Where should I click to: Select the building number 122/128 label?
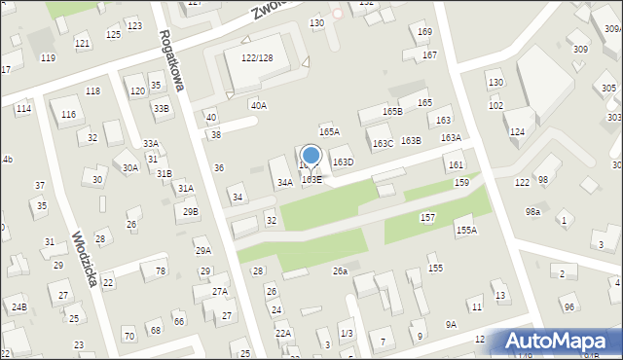coord(256,58)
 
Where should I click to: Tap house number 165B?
coord(392,112)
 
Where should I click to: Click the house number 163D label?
coord(343,162)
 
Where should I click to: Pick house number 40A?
coord(258,105)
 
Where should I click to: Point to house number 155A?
coord(466,230)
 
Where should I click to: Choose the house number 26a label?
coord(340,270)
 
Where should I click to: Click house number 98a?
coord(532,211)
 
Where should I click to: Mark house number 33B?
coord(161,108)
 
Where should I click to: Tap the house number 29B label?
coord(191,211)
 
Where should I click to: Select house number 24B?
coord(18,307)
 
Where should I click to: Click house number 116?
coord(68,115)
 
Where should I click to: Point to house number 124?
coord(517,131)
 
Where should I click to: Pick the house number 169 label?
coord(424,32)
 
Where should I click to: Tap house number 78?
coord(161,270)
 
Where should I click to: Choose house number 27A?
coord(220,291)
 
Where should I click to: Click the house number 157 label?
coord(427,217)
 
